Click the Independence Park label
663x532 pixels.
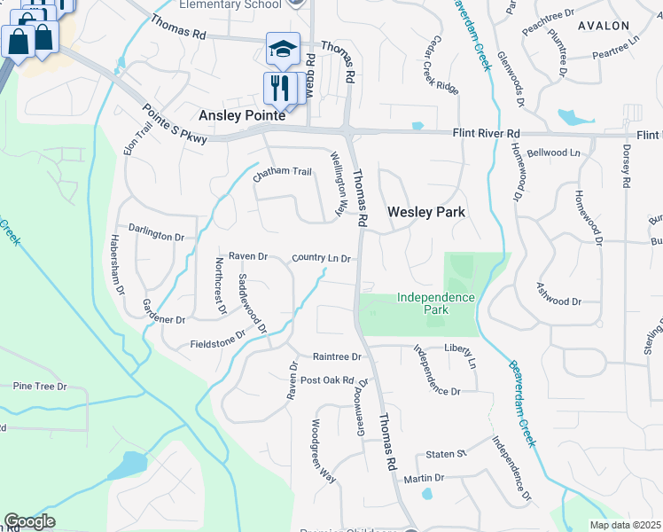435,303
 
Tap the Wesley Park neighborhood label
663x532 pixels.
426,212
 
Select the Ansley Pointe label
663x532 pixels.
242,115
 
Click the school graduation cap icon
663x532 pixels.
283,50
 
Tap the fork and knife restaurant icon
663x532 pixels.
279,88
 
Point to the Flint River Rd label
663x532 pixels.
486,133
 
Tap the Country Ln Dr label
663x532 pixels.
323,258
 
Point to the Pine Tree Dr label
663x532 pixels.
40,387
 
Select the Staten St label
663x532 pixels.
446,454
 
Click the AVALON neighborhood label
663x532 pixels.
604,26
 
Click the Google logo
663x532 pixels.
29,521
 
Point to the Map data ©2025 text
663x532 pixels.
625,525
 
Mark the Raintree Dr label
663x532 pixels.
338,356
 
